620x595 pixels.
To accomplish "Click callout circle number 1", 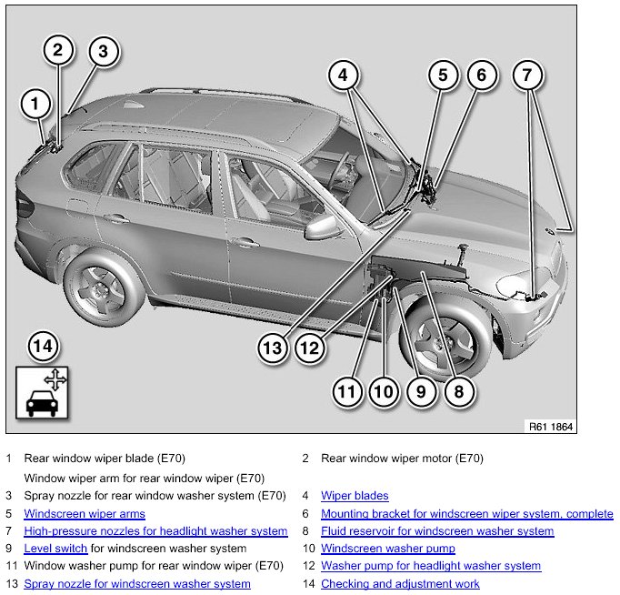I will point(35,105).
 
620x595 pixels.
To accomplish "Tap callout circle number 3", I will point(104,52).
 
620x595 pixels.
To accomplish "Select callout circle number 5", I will point(443,76).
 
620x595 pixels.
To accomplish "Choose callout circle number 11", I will point(346,392).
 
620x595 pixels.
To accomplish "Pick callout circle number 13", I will point(272,346).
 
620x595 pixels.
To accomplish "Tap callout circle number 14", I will point(42,346).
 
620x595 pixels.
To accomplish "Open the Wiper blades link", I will point(355,496).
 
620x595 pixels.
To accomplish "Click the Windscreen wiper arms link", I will point(85,514).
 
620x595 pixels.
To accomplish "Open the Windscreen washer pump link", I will point(388,549).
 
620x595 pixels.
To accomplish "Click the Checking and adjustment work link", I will point(400,583).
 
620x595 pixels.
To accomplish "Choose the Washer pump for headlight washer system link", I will point(431,566).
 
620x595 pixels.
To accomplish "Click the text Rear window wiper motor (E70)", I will point(402,459).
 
